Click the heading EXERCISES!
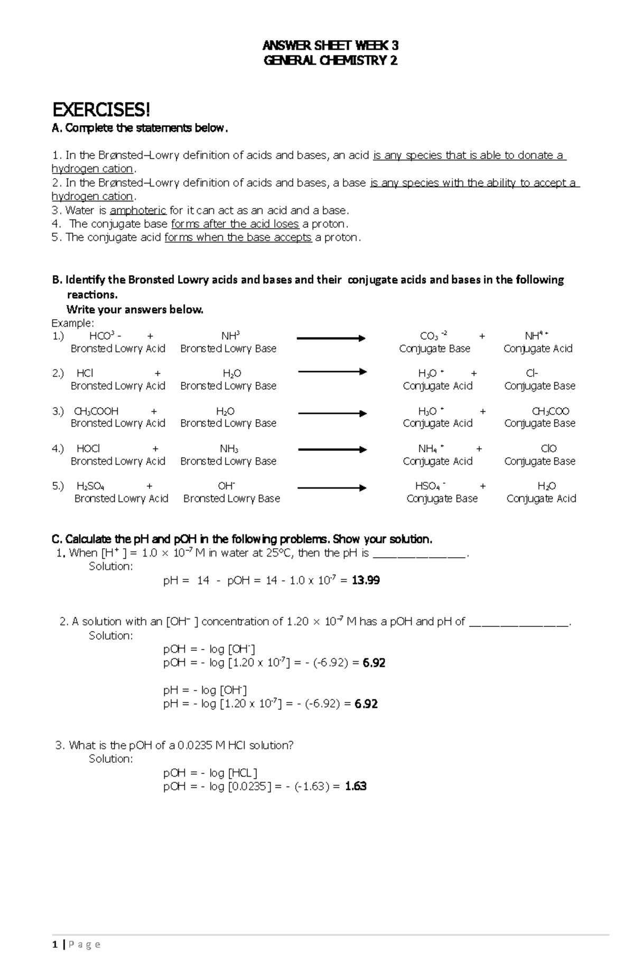pos(101,110)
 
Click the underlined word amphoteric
pos(138,210)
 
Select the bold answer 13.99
pos(366,580)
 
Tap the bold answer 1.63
pos(356,786)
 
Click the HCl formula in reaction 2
pos(85,373)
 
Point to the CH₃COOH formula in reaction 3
pos(96,411)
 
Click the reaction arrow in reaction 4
pos(332,449)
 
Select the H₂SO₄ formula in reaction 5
pos(90,486)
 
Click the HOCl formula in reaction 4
pos(88,449)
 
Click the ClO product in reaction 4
pos(549,449)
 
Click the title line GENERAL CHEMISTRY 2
pos(330,61)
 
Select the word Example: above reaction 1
pos(72,323)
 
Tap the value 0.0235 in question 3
pos(195,745)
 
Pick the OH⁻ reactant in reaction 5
pos(226,486)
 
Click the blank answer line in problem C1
pos(420,553)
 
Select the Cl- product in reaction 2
pos(532,373)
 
